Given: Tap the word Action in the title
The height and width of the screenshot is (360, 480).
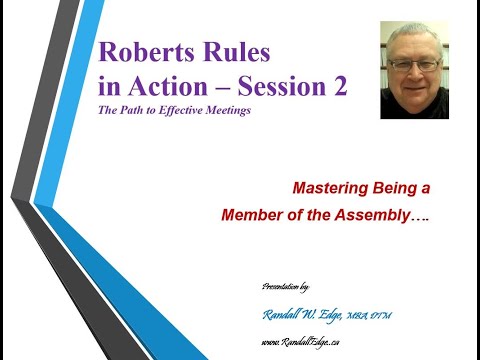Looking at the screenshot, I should tap(182, 88).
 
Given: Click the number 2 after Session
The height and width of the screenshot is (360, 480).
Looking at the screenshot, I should tap(341, 88).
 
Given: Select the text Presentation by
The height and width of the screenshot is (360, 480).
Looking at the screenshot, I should tap(290, 286).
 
